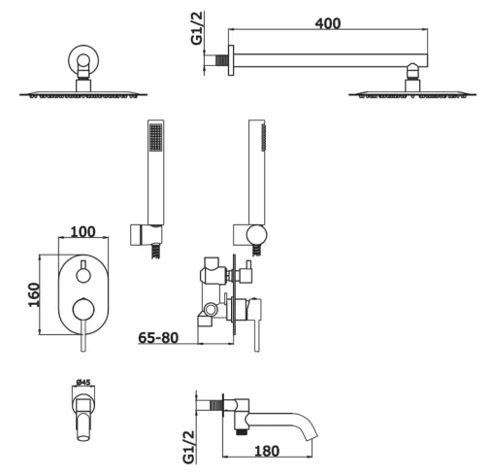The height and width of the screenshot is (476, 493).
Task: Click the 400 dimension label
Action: point(328,23)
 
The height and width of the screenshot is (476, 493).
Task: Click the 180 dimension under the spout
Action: point(267,451)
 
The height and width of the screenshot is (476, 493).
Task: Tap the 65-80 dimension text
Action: point(158,338)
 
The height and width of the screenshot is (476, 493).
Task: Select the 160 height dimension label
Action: point(34,294)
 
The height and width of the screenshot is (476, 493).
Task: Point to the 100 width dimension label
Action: point(82,232)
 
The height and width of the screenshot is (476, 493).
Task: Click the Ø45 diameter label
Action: point(83,383)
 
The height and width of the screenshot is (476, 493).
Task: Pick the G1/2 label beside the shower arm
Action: point(197,28)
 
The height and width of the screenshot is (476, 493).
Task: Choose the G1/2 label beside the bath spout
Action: point(189,447)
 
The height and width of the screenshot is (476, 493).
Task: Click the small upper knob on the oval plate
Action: point(83,275)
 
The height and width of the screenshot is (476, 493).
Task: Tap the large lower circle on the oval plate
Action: point(83,310)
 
